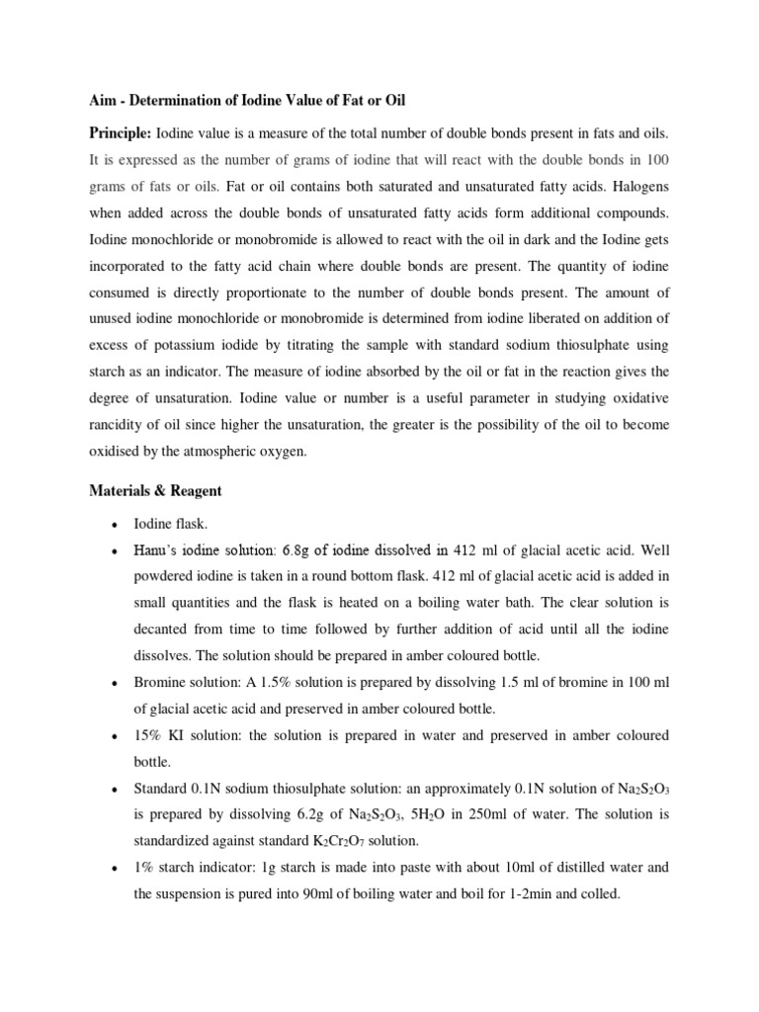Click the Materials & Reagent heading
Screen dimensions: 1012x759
coord(155,490)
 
